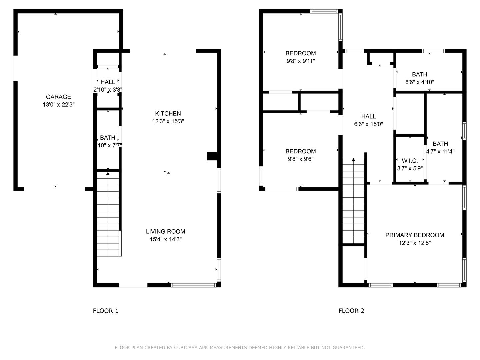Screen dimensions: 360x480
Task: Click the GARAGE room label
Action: click(58, 97)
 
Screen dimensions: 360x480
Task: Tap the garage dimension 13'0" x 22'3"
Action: click(58, 105)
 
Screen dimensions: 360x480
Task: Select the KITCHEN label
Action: click(168, 113)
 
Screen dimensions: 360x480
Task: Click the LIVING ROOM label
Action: click(165, 231)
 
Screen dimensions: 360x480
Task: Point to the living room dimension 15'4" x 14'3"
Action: click(165, 239)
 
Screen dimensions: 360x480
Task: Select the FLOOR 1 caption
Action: click(105, 311)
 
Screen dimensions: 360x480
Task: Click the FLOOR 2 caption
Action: click(351, 311)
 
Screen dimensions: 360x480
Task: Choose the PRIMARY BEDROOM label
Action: click(415, 235)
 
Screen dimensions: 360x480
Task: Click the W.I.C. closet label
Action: click(410, 161)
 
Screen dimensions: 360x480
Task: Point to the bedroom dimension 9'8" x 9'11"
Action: click(300, 61)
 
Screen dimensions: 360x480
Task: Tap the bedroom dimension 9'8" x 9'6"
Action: click(300, 159)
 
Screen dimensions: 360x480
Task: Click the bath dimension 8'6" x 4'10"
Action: click(419, 82)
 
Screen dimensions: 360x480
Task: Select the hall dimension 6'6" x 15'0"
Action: click(368, 124)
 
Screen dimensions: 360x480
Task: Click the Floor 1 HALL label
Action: click(108, 82)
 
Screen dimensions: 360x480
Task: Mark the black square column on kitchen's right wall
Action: click(212, 156)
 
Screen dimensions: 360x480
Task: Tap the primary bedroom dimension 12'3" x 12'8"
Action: click(415, 243)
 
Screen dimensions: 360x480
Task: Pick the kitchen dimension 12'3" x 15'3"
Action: click(168, 121)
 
